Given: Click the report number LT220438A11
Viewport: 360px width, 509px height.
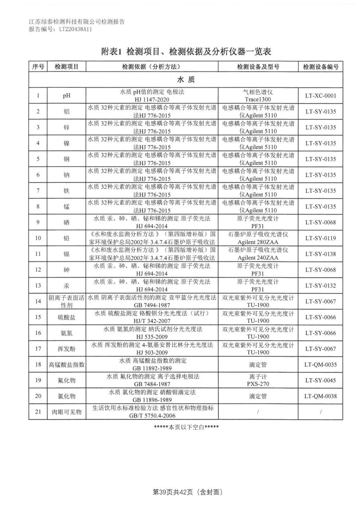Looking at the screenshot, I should tap(75, 30).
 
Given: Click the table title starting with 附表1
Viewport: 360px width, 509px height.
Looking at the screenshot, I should tap(186, 51).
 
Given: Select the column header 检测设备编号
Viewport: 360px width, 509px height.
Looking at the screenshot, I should tap(320, 67).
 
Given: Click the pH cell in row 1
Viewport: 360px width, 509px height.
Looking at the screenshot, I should tap(67, 96).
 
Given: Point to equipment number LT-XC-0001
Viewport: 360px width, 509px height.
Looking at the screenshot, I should tap(320, 96).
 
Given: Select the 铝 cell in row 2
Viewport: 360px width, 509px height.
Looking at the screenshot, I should tap(67, 112).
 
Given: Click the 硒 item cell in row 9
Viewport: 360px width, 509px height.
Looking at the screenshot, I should tap(67, 222).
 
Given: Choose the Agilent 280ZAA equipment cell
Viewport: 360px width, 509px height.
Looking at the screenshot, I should tap(258, 238).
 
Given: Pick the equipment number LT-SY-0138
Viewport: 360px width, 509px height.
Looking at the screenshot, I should tap(320, 254).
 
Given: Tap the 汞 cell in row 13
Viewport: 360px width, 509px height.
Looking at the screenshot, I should tap(67, 286).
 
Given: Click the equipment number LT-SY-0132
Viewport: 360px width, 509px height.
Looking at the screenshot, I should tap(320, 286).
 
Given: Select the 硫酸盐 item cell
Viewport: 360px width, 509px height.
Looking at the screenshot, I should tap(67, 317).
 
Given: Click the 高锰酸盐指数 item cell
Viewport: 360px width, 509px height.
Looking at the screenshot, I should tap(67, 365).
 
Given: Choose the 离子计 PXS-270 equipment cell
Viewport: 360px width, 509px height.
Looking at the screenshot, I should tap(258, 380).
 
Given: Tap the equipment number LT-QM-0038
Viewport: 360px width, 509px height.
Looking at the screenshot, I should tap(320, 396).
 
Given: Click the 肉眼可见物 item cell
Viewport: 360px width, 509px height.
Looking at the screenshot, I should tap(67, 412).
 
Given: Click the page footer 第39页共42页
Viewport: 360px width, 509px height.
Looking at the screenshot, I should tap(186, 492).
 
